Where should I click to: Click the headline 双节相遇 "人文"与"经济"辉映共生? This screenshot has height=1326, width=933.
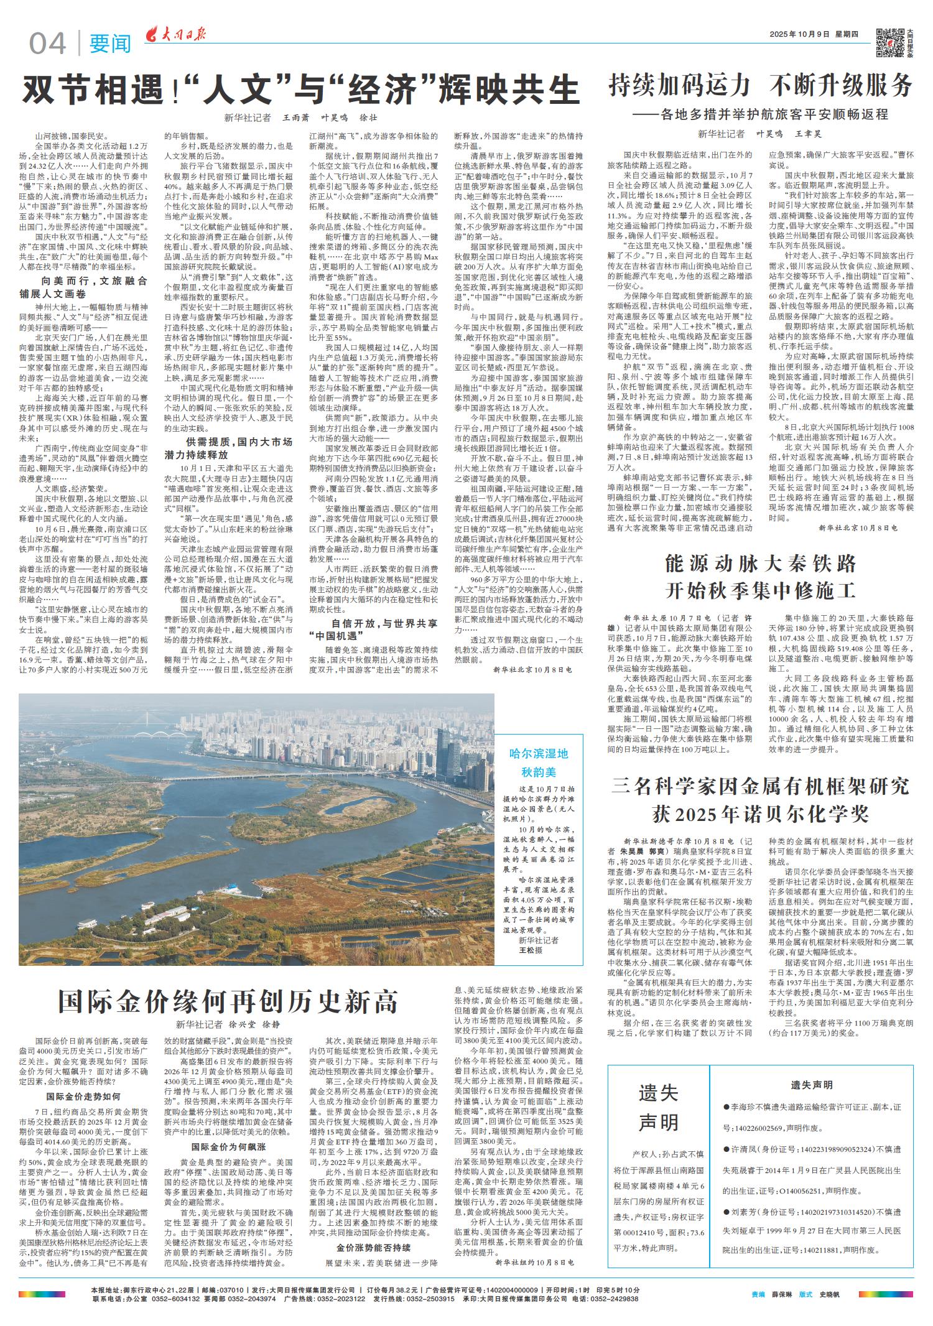(x=300, y=91)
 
